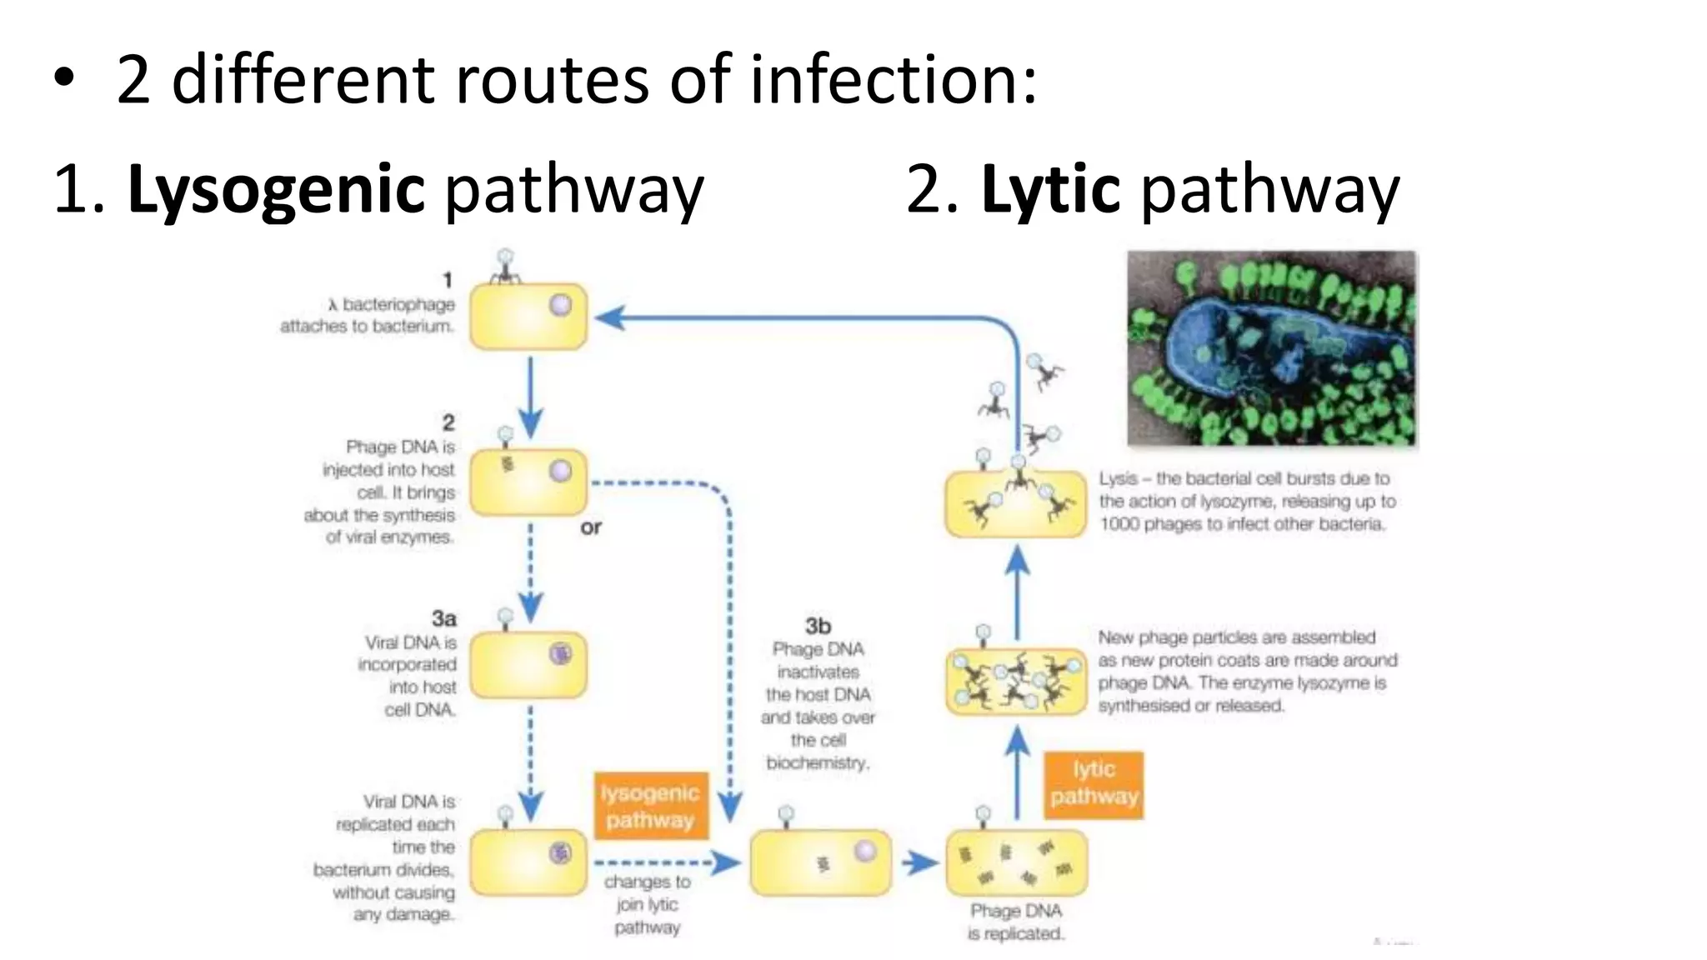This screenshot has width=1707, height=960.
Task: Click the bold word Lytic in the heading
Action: (1049, 190)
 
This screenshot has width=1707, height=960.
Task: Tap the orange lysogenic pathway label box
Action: (650, 806)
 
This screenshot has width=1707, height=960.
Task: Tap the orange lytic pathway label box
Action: (1094, 783)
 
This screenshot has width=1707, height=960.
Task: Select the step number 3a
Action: (443, 618)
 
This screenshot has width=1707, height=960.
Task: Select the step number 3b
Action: (818, 625)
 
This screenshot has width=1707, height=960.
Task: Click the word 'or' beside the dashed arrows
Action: (590, 527)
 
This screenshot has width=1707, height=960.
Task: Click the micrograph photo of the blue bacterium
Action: (1271, 348)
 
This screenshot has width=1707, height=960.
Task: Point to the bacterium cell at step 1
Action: (528, 317)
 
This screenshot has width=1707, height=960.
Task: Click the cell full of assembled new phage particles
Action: (1015, 682)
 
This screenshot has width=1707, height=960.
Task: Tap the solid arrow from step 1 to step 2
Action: (530, 396)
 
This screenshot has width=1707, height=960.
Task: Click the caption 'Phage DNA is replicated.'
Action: (1015, 922)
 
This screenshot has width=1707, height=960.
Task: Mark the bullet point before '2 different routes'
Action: (64, 80)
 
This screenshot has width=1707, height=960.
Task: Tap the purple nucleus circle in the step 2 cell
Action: (560, 472)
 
